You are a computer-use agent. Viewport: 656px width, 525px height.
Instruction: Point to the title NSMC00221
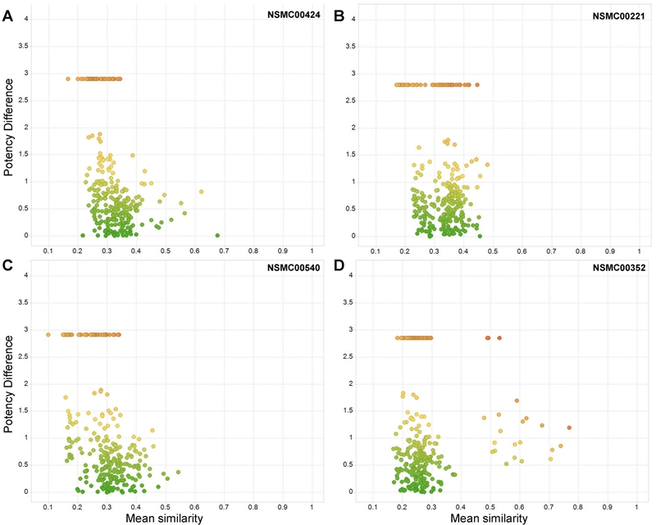point(618,15)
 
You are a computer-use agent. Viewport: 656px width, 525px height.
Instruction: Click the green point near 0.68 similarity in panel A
point(217,235)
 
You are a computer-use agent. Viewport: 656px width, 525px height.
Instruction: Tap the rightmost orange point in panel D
point(568,428)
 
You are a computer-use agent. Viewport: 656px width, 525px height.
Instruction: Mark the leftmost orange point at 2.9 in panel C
point(48,334)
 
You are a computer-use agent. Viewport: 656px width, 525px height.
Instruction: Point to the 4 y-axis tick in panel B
point(353,19)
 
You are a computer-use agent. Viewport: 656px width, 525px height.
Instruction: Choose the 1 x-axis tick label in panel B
point(639,250)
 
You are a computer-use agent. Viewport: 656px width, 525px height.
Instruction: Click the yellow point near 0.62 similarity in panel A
point(201,192)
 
